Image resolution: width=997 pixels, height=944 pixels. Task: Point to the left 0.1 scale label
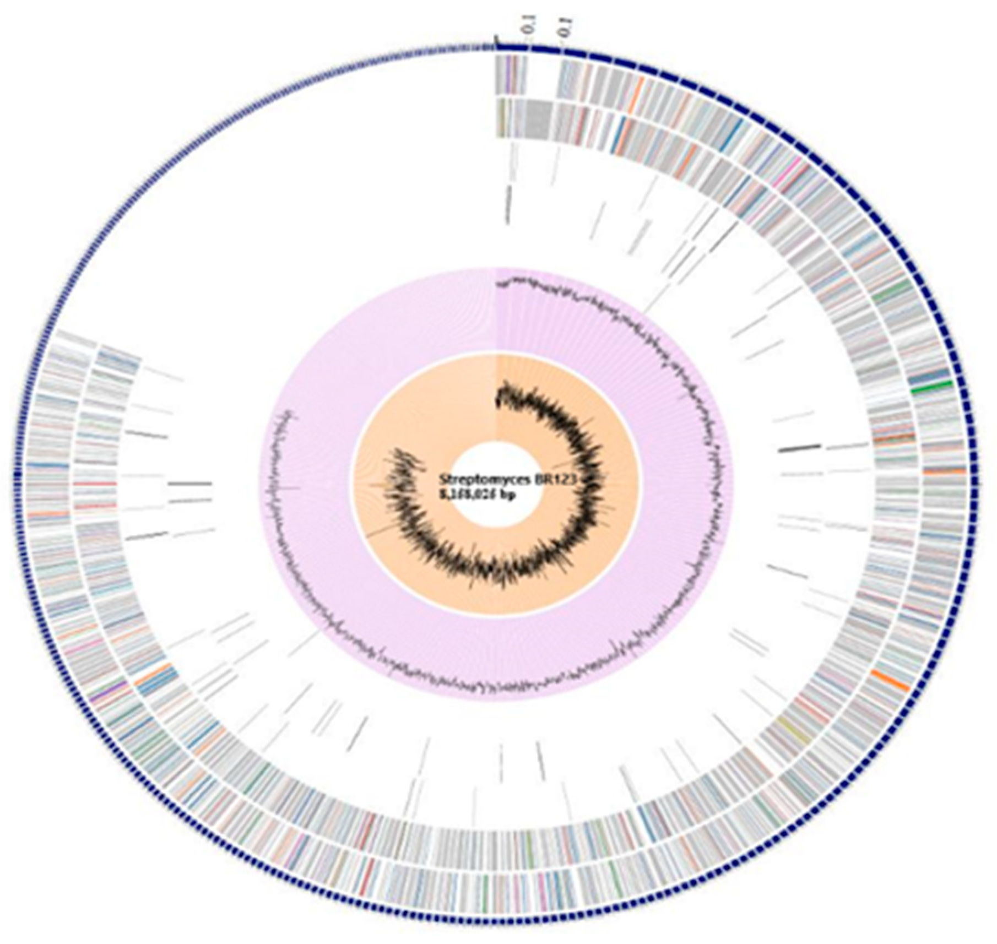(529, 28)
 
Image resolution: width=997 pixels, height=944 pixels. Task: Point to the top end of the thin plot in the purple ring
(499, 284)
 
